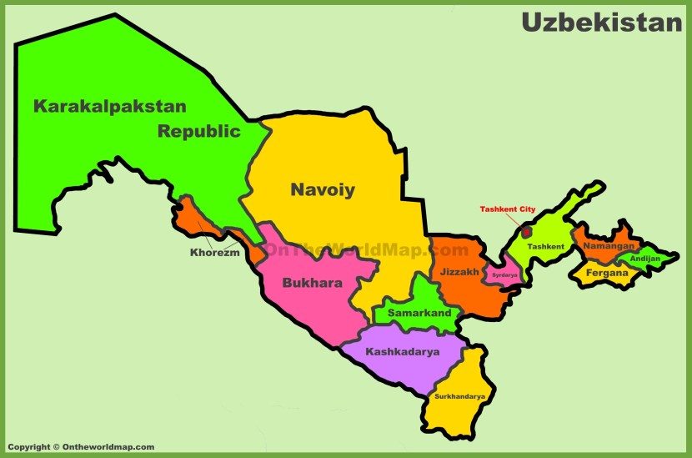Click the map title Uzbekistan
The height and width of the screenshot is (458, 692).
[x=602, y=23]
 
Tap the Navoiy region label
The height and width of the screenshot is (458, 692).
[x=323, y=190]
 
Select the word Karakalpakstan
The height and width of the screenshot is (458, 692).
[x=110, y=106]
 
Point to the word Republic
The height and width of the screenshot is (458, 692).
[x=199, y=131]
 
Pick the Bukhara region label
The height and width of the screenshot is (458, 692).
[x=312, y=283]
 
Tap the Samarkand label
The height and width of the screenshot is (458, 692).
[x=419, y=314]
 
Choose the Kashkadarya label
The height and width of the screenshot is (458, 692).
[x=402, y=351]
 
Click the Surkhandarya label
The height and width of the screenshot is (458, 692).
[x=459, y=396]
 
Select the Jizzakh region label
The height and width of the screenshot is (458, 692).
[x=459, y=272]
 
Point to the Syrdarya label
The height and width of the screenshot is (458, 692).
[x=504, y=274]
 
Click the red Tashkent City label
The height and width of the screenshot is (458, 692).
[x=508, y=209]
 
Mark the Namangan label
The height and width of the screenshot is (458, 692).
[x=609, y=246]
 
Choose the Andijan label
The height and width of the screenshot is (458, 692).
[x=645, y=259]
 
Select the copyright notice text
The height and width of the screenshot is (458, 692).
[x=81, y=447]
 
